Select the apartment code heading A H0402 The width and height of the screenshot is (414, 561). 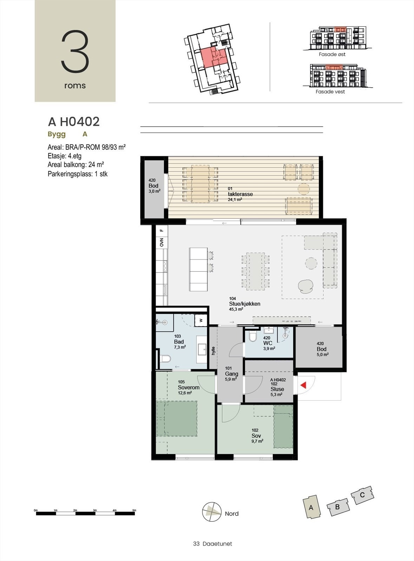coord(74,122)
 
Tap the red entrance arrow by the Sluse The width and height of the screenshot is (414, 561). coord(303,385)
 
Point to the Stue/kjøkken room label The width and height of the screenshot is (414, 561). coord(244,304)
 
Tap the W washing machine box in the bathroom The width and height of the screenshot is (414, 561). coord(201,320)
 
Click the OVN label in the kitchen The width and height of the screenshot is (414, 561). coord(162,242)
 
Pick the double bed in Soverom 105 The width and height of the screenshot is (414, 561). coord(177,419)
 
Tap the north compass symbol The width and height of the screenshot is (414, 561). coord(212,512)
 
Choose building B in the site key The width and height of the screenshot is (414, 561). coord(337,507)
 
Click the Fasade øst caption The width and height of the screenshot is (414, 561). coord(332,54)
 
